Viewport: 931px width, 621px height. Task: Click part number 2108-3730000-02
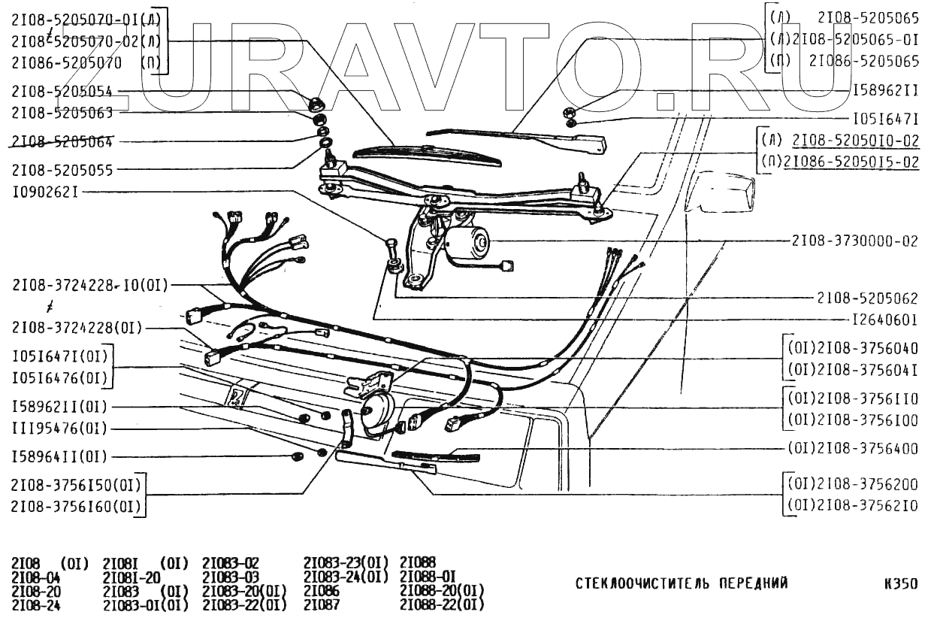pyautogui.click(x=854, y=242)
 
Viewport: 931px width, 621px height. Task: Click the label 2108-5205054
pyautogui.click(x=62, y=91)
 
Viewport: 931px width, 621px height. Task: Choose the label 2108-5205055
pyautogui.click(x=62, y=171)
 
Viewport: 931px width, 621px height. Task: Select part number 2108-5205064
pyautogui.click(x=62, y=142)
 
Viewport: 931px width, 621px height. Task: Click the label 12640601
pyautogui.click(x=884, y=319)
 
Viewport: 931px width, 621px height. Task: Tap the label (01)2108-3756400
pyautogui.click(x=853, y=449)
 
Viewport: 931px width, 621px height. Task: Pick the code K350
pyautogui.click(x=901, y=583)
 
